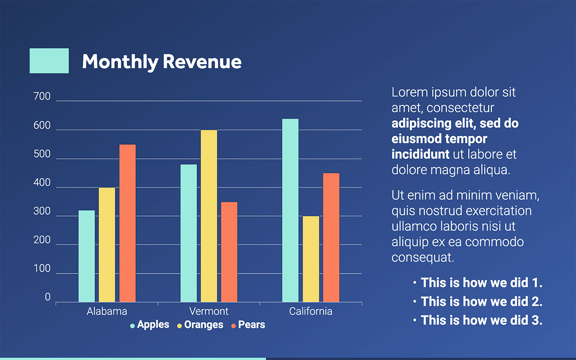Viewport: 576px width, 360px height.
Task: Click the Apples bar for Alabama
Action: [x=86, y=256]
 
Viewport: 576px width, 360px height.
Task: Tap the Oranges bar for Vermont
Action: [x=209, y=216]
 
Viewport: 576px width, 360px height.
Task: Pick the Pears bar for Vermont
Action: [x=229, y=252]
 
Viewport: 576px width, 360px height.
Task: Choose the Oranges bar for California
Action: [x=310, y=259]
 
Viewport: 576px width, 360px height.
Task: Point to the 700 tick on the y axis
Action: [x=42, y=96]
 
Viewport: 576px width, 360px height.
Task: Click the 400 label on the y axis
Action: [x=42, y=183]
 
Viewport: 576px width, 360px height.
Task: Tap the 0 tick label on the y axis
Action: [x=48, y=297]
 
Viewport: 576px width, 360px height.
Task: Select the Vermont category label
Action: [x=209, y=311]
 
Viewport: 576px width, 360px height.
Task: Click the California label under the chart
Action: [x=310, y=311]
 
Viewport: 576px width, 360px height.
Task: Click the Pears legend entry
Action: [x=252, y=325]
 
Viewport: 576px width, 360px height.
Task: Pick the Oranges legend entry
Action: [x=203, y=325]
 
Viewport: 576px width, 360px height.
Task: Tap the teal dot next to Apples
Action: [x=132, y=325]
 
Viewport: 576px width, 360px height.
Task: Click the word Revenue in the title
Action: [x=202, y=62]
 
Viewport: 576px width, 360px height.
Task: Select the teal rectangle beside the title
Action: [x=49, y=61]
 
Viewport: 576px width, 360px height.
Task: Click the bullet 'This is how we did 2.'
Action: [x=481, y=301]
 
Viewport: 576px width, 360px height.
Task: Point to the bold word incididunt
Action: [x=420, y=154]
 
